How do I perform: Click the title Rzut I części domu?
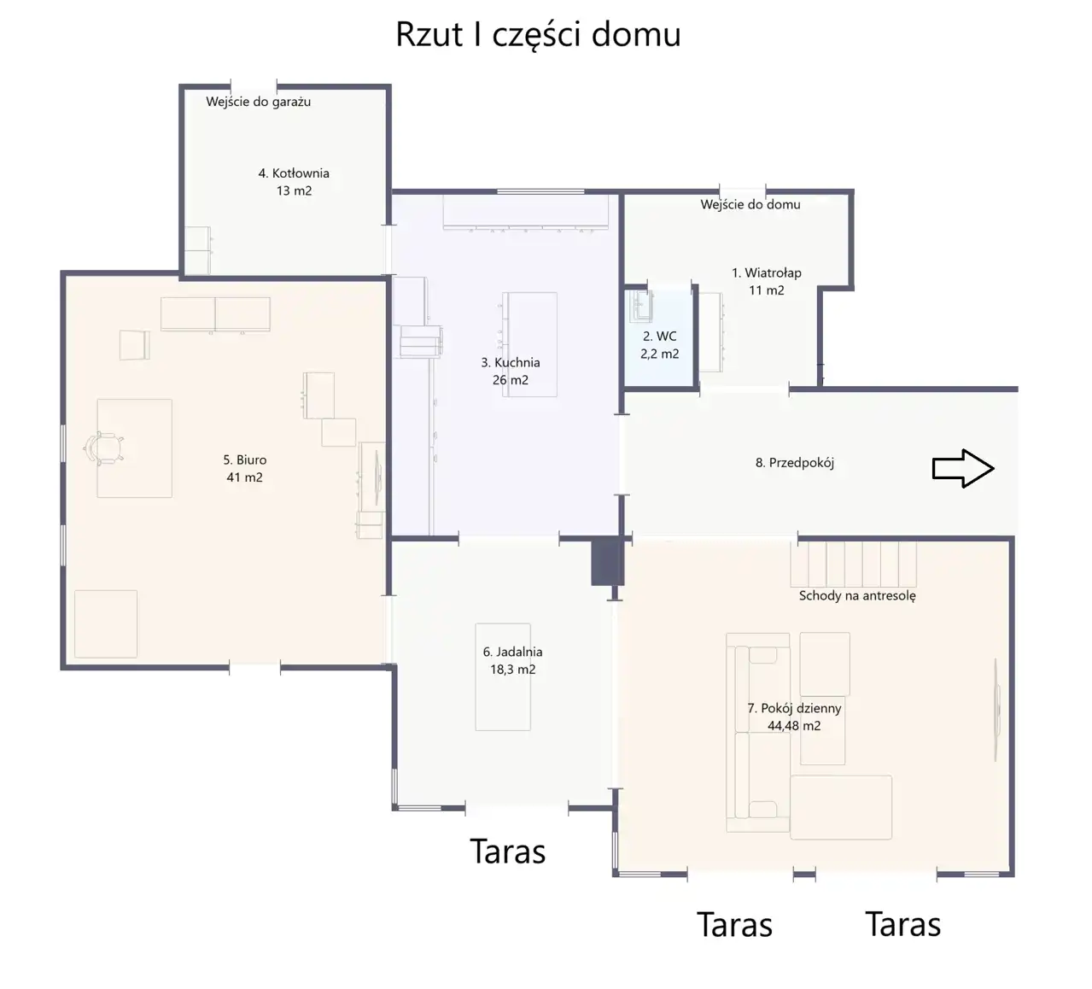coord(538,35)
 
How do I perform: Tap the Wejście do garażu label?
coord(259,102)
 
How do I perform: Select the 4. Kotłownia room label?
coord(294,173)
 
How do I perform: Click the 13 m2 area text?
coord(294,190)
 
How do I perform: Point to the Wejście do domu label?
coord(750,205)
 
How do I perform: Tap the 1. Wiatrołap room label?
coord(767,272)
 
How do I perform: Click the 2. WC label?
coord(660,336)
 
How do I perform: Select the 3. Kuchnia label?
coord(511,363)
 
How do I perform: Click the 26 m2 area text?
coord(511,380)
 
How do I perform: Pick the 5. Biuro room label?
coord(245,460)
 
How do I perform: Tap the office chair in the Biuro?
coord(104,448)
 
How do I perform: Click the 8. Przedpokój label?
coord(795,463)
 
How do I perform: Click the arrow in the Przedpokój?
coord(963,468)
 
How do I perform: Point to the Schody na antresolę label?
coord(857,596)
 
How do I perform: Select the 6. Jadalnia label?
coord(513,652)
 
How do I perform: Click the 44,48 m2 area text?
coord(794,726)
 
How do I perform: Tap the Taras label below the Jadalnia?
coord(507,851)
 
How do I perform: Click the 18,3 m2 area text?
coord(513,670)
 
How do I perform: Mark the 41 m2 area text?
coord(245,477)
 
